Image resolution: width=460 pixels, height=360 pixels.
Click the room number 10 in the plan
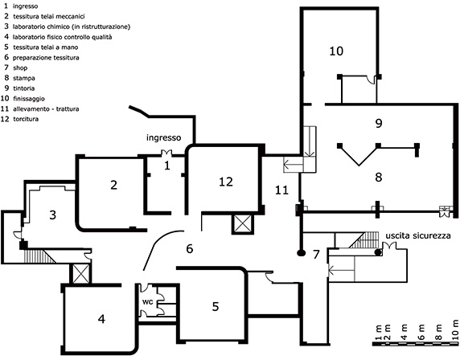pyautogui.click(x=336, y=51)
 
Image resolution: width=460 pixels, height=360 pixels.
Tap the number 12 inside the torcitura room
pyautogui.click(x=226, y=182)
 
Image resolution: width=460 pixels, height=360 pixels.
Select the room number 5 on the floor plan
pyautogui.click(x=216, y=306)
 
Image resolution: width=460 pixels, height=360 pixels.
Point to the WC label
pyautogui.click(x=147, y=302)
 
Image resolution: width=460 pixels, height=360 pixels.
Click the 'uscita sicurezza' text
pyautogui.click(x=418, y=235)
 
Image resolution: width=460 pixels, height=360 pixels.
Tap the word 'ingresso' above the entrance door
pyautogui.click(x=164, y=137)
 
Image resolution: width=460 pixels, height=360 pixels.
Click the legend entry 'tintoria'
pyautogui.click(x=24, y=88)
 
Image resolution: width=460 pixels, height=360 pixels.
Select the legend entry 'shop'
pyautogui.click(x=20, y=68)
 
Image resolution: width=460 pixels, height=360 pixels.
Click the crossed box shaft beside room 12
pyautogui.click(x=242, y=224)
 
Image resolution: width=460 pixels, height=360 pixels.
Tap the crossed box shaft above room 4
pyautogui.click(x=80, y=273)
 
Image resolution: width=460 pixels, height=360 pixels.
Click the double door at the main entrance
pyautogui.click(x=166, y=153)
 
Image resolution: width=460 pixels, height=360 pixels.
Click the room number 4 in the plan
pyautogui.click(x=101, y=319)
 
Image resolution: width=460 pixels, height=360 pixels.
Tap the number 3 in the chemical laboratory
pyautogui.click(x=52, y=215)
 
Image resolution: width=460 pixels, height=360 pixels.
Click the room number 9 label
pyautogui.click(x=379, y=124)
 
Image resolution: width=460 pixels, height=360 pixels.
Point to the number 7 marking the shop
pyautogui.click(x=316, y=255)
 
